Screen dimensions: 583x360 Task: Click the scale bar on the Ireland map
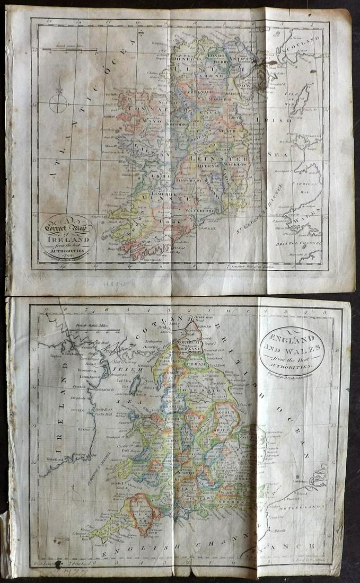click(69, 50)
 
